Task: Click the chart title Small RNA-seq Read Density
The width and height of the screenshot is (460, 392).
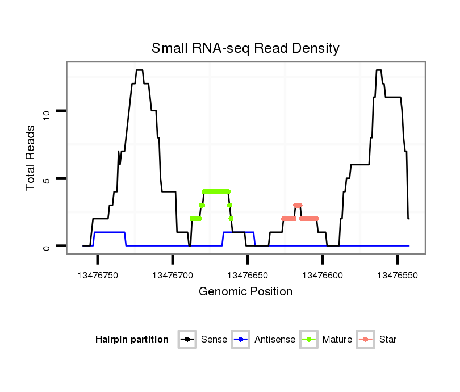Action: [245, 48]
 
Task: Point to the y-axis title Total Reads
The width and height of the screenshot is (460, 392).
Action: [32, 157]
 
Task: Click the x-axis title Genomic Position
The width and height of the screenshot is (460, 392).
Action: [245, 291]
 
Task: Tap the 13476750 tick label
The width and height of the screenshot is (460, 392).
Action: [98, 274]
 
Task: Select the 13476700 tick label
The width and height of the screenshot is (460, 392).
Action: [173, 274]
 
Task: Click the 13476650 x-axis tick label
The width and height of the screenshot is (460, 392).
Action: [248, 274]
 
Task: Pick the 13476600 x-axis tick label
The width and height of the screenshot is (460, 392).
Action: [323, 274]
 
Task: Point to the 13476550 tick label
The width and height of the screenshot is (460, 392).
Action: [398, 274]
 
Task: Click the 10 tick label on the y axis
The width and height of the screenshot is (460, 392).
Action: [47, 111]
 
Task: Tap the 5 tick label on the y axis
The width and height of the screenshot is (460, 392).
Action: [47, 179]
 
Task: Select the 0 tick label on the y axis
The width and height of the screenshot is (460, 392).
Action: [47, 247]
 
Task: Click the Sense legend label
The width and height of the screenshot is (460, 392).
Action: [214, 340]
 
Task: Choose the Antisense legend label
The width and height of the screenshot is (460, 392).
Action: [275, 340]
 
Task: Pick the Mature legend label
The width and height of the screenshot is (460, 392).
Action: [337, 340]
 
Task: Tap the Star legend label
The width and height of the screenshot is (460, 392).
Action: [388, 340]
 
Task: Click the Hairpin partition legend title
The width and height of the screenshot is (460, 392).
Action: [132, 340]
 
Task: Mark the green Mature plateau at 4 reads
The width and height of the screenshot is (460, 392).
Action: [216, 191]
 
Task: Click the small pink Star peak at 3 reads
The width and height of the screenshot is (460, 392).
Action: [298, 205]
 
